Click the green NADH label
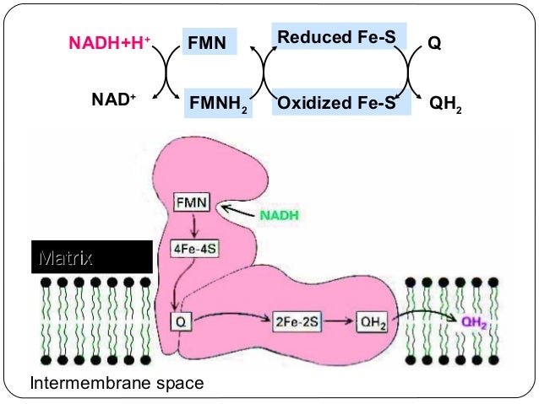(x=279, y=215)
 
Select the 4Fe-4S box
(x=196, y=250)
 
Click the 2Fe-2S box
(x=294, y=321)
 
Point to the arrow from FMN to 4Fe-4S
(x=193, y=226)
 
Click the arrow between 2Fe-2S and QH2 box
(x=335, y=321)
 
